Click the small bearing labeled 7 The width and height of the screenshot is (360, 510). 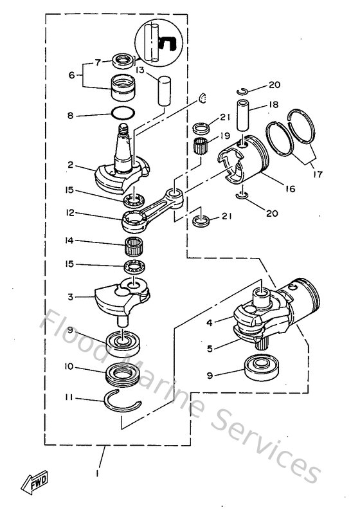[122, 61]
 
